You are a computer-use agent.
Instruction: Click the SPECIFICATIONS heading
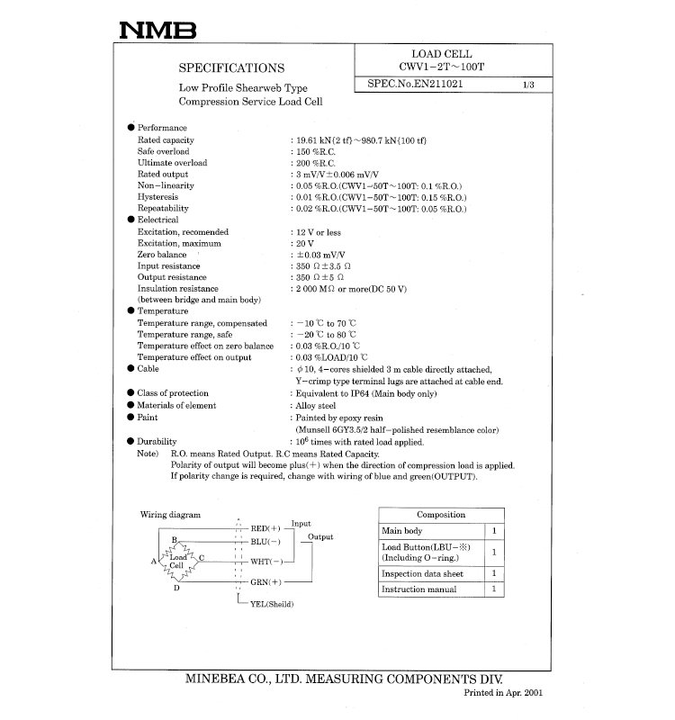pos(233,67)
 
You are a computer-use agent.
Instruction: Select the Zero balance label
pos(162,256)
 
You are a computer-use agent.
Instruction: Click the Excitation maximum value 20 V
pos(304,244)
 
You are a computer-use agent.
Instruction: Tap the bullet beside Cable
pos(130,369)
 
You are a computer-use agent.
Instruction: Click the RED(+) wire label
pos(266,527)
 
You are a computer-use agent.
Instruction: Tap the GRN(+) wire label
pos(266,582)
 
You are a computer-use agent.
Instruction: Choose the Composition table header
pos(440,515)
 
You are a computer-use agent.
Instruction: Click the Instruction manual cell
pos(418,589)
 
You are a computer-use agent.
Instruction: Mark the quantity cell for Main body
pos(494,531)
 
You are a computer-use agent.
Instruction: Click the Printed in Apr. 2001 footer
pos(503,694)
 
